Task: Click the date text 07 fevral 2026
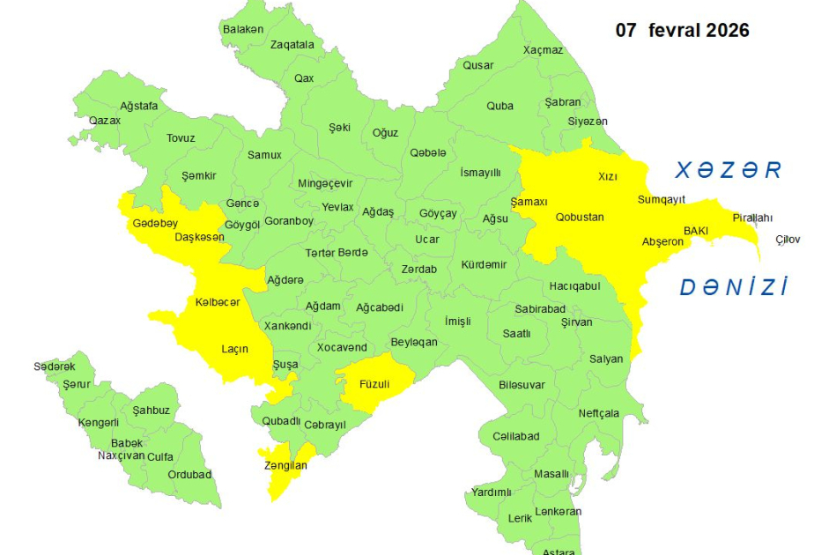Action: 682,30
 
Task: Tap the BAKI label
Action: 696,230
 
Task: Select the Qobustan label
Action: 580,217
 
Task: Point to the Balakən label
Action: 242,29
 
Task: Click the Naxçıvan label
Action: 121,455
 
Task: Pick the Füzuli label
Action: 374,384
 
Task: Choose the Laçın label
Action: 234,349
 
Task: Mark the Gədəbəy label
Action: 155,223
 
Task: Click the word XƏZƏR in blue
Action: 729,170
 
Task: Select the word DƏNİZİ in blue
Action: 733,286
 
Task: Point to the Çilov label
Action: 788,240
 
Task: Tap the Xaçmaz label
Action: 543,50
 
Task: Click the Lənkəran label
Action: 558,511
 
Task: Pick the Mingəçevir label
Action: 325,183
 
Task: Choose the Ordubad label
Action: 189,475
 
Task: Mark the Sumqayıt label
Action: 661,200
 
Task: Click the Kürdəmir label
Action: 484,265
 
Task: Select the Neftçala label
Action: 599,413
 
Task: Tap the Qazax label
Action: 105,120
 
